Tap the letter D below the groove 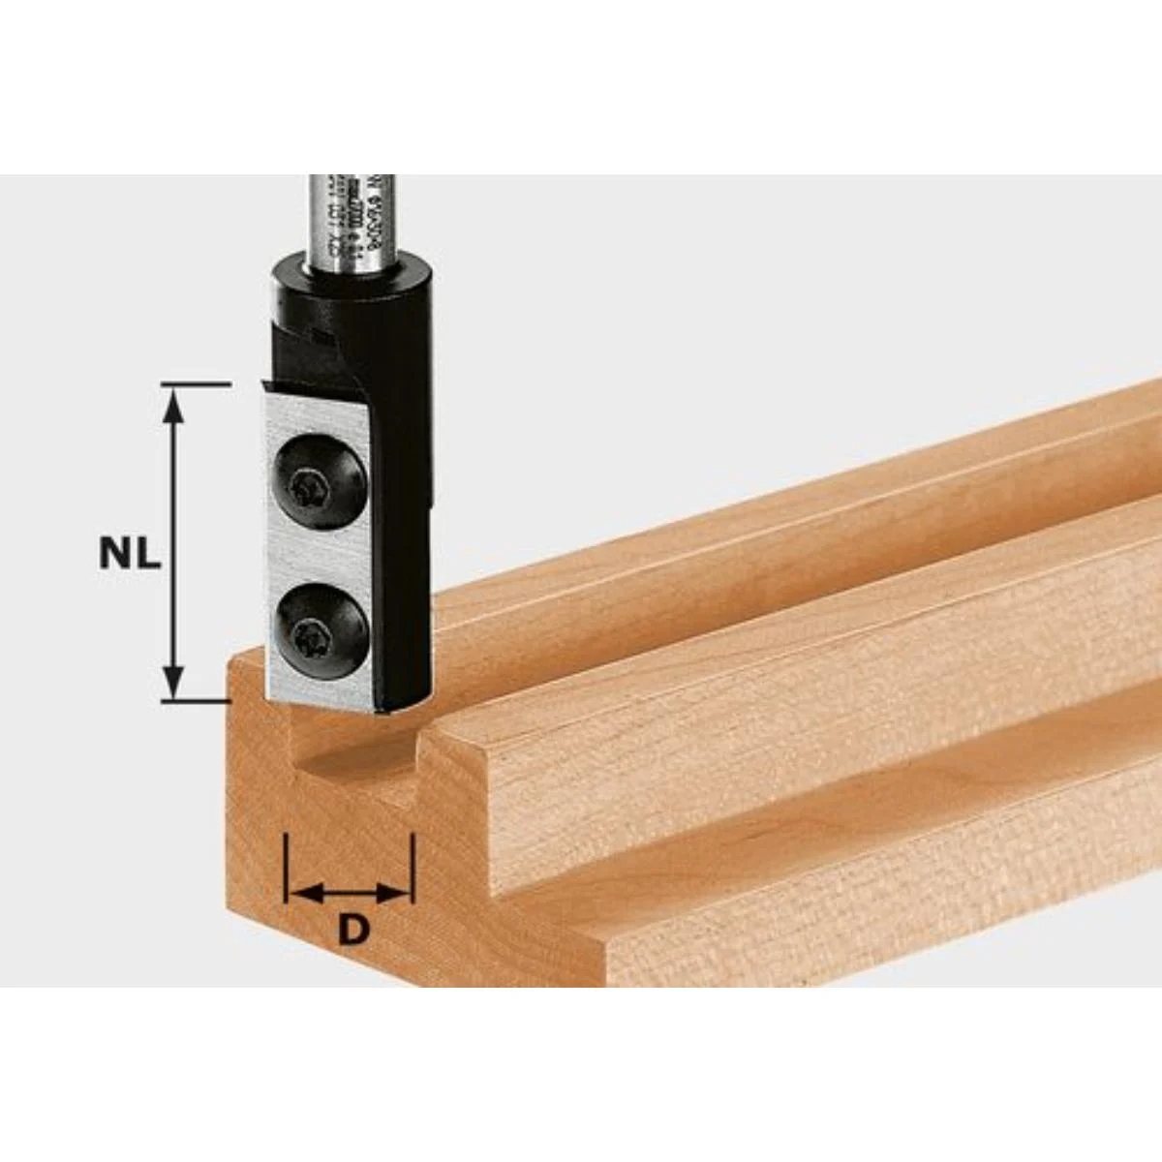354,930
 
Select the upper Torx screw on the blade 320,479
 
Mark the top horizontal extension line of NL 194,384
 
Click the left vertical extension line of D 287,867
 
